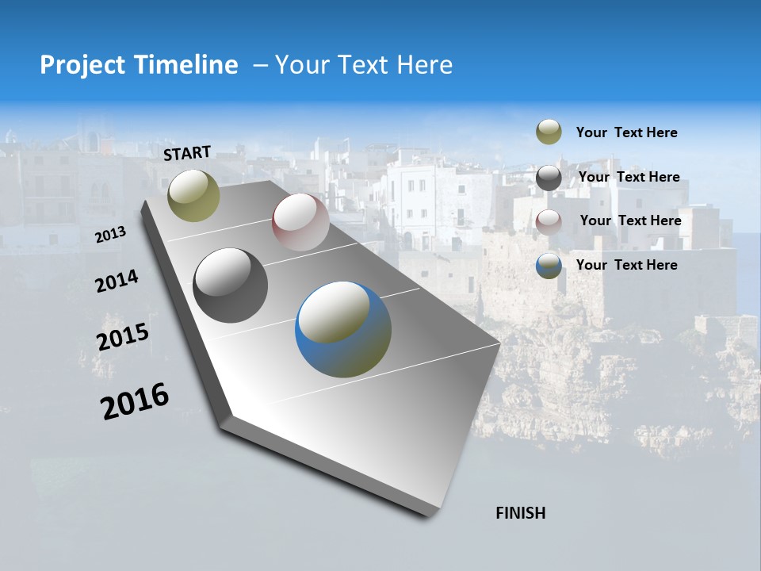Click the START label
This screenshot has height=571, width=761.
tap(187, 153)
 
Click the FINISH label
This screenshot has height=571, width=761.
tap(521, 513)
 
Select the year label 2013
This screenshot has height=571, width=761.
tap(111, 235)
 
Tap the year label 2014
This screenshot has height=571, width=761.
tap(117, 281)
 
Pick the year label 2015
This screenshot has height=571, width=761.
tap(123, 337)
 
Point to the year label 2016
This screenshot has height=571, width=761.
tap(135, 400)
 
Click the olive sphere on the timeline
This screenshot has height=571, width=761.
tap(194, 195)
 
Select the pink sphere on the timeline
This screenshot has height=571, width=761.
tap(300, 222)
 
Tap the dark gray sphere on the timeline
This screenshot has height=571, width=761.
tap(230, 285)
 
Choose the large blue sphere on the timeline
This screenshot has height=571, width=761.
tap(343, 329)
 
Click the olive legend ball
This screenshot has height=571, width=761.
tap(549, 132)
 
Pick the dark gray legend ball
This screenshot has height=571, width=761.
tap(549, 178)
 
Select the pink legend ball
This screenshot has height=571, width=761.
tap(549, 221)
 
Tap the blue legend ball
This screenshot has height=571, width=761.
tap(549, 266)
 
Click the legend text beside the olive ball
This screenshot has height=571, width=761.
tap(627, 132)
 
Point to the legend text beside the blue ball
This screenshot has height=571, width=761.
tap(627, 265)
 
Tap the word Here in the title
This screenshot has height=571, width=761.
tap(424, 65)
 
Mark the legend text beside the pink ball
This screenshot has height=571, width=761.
tap(631, 220)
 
